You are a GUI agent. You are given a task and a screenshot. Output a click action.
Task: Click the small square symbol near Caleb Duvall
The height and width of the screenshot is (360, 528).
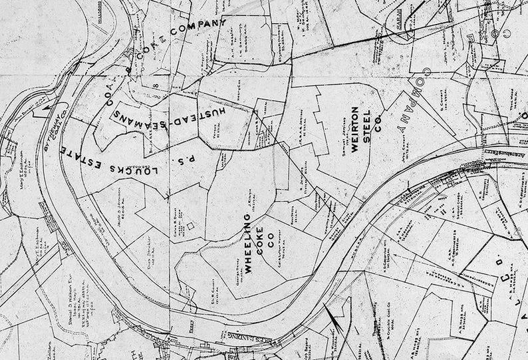[192, 226]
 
